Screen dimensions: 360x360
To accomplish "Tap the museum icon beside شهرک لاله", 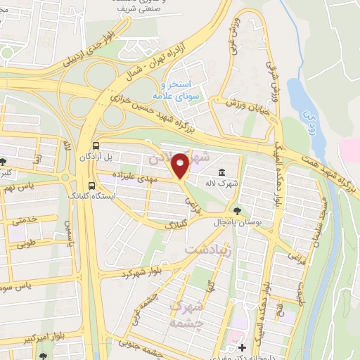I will pos(221,173).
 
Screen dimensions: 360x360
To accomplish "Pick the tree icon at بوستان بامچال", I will pos(236,210).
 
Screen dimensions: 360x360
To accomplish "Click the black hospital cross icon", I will pos(242,347).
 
